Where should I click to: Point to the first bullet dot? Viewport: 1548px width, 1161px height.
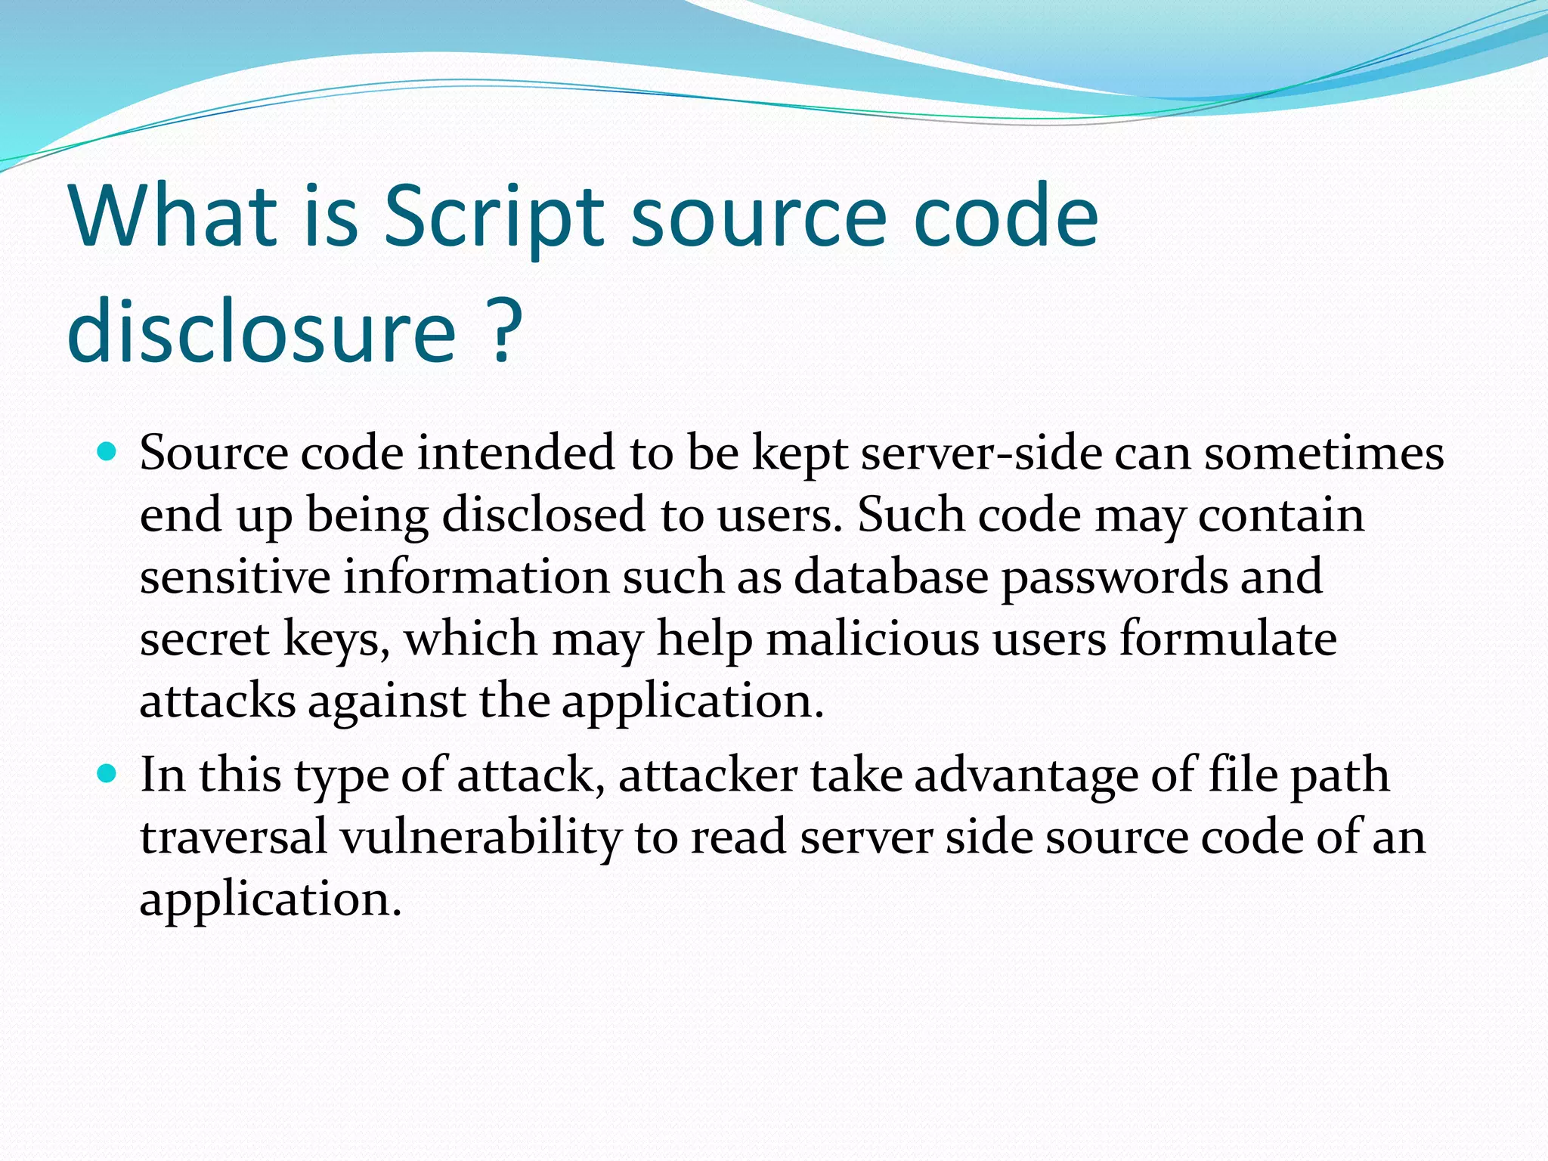(x=107, y=453)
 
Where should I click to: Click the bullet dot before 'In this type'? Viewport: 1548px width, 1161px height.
(x=107, y=774)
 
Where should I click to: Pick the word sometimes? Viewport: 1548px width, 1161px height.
(x=1324, y=454)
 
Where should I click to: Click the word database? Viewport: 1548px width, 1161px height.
(x=890, y=577)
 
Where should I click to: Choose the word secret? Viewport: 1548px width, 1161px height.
(x=204, y=639)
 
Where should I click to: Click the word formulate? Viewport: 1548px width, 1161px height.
(x=1228, y=639)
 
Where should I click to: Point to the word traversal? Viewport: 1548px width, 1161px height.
(x=234, y=837)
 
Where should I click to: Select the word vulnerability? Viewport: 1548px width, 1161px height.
(x=481, y=839)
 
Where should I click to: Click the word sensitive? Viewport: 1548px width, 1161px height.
(x=235, y=577)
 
